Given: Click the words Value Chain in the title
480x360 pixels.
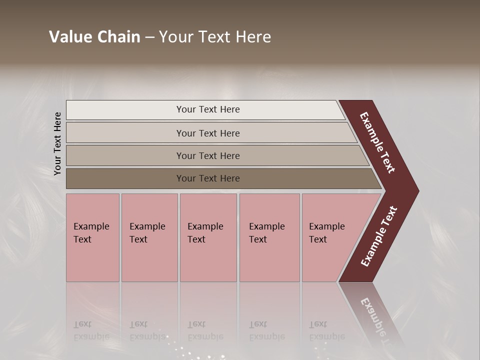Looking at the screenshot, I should pyautogui.click(x=94, y=37).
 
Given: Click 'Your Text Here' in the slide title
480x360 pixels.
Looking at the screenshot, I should pyautogui.click(x=215, y=37).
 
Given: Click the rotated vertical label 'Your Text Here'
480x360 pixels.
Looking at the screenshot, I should pyautogui.click(x=58, y=143).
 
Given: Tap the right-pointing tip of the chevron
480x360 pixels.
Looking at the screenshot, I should pyautogui.click(x=415, y=191).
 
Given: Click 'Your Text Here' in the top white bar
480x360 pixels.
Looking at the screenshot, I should pyautogui.click(x=208, y=109).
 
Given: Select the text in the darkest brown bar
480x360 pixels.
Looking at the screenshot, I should pyautogui.click(x=208, y=178).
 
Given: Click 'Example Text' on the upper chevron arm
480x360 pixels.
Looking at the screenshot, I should pyautogui.click(x=378, y=142).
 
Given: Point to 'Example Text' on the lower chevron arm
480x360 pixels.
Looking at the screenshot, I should pyautogui.click(x=379, y=236).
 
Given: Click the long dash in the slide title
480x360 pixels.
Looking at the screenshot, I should pyautogui.click(x=149, y=37).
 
